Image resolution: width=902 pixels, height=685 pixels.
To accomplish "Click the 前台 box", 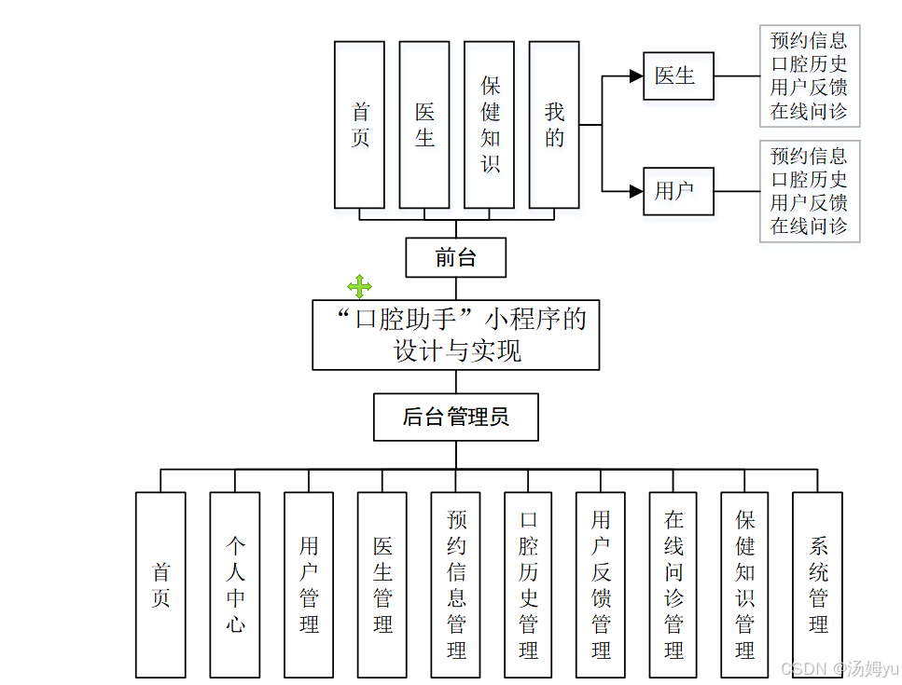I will pos(455,258).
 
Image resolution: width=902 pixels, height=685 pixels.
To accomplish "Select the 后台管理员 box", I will pos(455,417).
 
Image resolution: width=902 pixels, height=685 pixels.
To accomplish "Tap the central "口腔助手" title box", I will pos(455,335).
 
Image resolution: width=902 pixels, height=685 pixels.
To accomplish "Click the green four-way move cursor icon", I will pos(359,286).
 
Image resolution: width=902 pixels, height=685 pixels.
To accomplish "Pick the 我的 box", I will pos(554,125).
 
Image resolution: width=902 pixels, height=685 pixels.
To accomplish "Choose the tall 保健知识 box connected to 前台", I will pos(489,125).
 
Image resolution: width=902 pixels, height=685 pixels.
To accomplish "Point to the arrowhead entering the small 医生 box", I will pos(636,76).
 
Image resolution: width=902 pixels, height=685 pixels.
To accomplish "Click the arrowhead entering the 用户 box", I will pos(636,192).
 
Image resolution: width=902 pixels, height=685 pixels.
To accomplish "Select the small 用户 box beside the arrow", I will pos(678,192).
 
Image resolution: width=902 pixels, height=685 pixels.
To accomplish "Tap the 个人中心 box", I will pos(234,584).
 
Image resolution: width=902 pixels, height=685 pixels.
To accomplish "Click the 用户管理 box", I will pos(308,584).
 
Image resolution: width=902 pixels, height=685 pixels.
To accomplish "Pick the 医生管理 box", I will pos(382,584).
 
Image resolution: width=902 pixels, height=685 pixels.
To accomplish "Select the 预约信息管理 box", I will pos(455,584).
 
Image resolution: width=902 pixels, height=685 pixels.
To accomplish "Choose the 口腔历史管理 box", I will pos(528,584).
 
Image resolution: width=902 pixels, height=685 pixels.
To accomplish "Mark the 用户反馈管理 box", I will pos(601,584).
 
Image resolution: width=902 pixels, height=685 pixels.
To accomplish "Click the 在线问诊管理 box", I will pos(673,584).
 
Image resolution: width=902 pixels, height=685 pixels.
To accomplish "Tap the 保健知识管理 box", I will pos(744,584).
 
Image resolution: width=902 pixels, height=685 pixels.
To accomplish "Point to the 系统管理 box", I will pos(817,584).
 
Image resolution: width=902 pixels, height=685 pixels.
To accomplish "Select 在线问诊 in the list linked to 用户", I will pos(809,226).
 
